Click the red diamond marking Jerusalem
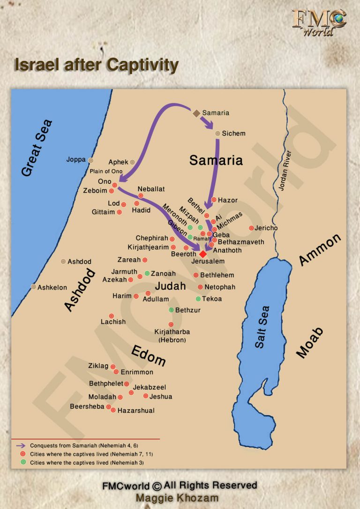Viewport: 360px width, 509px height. [x=203, y=254]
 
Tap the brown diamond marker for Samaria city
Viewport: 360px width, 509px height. [x=196, y=113]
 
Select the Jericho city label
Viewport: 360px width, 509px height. [x=266, y=228]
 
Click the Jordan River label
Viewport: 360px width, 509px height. [x=285, y=170]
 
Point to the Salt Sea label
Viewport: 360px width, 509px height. [x=262, y=327]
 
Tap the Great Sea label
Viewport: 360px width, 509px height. [x=37, y=148]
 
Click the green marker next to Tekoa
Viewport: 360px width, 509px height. [x=198, y=299]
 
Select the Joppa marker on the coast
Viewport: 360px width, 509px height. [x=91, y=160]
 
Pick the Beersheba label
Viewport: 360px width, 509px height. [x=87, y=407]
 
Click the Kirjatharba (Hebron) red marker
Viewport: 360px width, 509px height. [x=171, y=324]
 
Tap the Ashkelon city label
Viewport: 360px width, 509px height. [x=52, y=287]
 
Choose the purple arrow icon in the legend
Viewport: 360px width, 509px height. [x=21, y=445]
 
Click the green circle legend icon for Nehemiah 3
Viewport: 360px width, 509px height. [x=22, y=462]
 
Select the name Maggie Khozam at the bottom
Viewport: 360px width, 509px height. [x=177, y=498]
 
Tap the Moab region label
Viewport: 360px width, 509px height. [x=310, y=343]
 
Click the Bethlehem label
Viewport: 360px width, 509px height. [x=217, y=275]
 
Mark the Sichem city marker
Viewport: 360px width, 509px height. [x=217, y=134]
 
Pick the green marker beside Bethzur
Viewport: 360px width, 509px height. [x=172, y=310]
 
